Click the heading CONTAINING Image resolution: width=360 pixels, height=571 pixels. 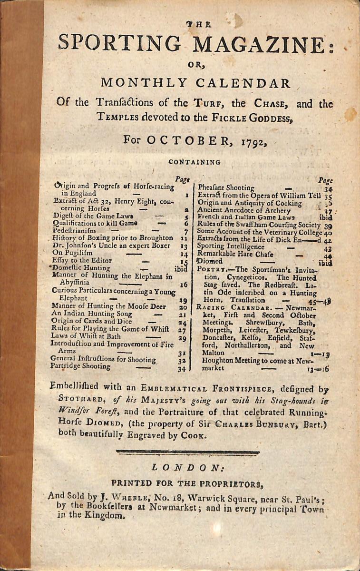[195, 162]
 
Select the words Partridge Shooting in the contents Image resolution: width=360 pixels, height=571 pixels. [81, 366]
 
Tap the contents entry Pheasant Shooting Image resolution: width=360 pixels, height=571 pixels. [226, 188]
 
